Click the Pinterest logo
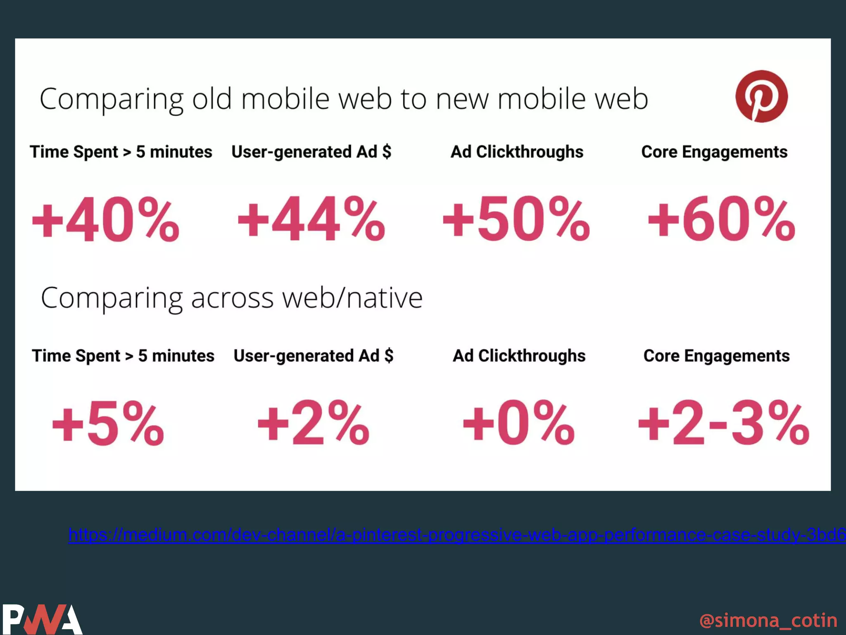click(x=761, y=96)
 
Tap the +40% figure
click(x=106, y=219)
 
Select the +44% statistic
click(x=311, y=219)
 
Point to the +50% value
click(x=516, y=219)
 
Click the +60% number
click(x=721, y=219)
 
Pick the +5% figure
click(x=108, y=423)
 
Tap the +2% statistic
click(x=314, y=423)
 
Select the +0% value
click(x=519, y=423)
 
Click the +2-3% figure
click(x=724, y=423)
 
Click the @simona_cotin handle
click(x=768, y=621)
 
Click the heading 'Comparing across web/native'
click(x=232, y=298)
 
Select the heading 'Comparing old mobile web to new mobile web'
click(x=344, y=99)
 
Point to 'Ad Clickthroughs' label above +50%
click(x=517, y=152)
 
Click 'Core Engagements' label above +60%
click(x=714, y=152)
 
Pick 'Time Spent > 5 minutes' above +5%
click(x=123, y=356)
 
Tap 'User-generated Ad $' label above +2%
click(x=314, y=356)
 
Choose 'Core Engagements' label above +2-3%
click(x=717, y=356)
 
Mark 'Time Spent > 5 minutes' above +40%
click(x=121, y=152)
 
